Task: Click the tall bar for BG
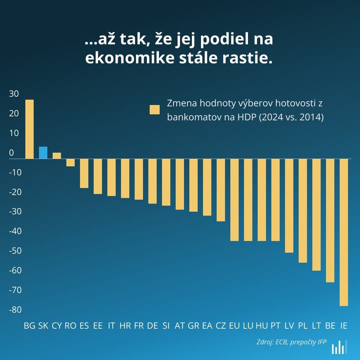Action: [x=30, y=129]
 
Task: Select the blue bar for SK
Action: [x=43, y=153]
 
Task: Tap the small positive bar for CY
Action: [x=57, y=156]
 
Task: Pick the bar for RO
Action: [x=70, y=162]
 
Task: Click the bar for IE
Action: [x=344, y=232]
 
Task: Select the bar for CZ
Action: [x=221, y=190]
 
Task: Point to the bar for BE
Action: [x=330, y=220]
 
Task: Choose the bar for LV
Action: [x=289, y=206]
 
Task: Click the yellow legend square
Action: [x=154, y=109]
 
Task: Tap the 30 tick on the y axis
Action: [x=14, y=94]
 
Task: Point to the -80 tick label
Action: [x=15, y=310]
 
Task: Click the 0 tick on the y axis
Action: [x=12, y=153]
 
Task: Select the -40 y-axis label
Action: [x=15, y=231]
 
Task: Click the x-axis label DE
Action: [x=152, y=326]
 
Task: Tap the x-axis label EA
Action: [x=207, y=326]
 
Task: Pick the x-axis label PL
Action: [x=303, y=326]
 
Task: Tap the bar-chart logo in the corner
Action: [x=339, y=347]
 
